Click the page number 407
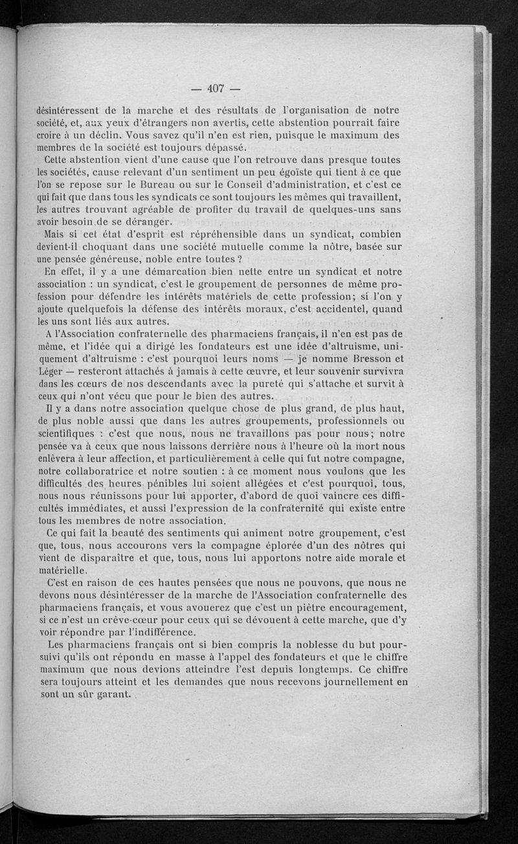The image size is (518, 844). coord(216,89)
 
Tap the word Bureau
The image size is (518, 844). coord(178,185)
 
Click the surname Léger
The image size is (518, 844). coord(52,371)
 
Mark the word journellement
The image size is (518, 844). coord(360,682)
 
